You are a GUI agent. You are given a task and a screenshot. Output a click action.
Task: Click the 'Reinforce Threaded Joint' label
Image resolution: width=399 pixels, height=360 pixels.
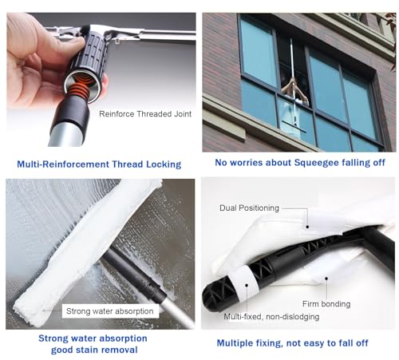click(145, 114)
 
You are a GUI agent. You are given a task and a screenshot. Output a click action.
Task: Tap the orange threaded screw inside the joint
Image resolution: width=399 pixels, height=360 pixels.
click(82, 85)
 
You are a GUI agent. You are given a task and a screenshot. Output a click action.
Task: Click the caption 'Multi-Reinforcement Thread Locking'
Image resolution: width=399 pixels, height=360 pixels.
click(99, 164)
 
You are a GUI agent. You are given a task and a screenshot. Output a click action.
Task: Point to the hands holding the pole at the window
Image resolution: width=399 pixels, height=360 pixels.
click(294, 92)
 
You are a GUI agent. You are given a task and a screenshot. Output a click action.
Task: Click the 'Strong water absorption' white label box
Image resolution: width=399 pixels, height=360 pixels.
click(110, 311)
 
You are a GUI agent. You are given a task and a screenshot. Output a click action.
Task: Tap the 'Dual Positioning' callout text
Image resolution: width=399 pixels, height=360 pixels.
click(249, 208)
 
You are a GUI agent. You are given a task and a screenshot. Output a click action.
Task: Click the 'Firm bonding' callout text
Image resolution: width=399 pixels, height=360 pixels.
click(326, 303)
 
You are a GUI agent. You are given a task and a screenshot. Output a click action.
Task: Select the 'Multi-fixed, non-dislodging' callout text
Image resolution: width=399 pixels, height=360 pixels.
click(271, 317)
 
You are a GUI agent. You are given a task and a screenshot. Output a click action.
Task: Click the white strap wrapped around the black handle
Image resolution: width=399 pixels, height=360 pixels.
click(244, 283)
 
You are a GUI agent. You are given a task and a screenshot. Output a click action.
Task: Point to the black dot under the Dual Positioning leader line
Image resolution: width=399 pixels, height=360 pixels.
click(307, 227)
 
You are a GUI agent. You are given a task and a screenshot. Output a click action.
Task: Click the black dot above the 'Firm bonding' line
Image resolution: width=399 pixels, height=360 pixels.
click(326, 279)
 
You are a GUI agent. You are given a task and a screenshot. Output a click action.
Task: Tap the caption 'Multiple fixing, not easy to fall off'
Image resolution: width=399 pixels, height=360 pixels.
click(292, 343)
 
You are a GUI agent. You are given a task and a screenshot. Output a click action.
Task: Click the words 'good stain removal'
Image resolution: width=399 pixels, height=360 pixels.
click(94, 350)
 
